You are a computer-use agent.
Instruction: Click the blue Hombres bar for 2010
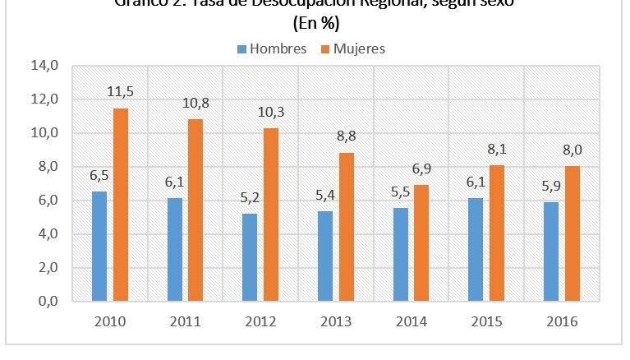pyautogui.click(x=99, y=247)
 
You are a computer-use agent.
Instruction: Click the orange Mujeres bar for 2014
pyautogui.click(x=421, y=243)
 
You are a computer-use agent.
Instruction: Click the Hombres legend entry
pyautogui.click(x=270, y=48)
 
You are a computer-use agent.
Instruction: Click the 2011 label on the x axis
pyautogui.click(x=185, y=321)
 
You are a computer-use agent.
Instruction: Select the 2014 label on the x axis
pyautogui.click(x=410, y=321)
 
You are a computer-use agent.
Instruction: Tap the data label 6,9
pyautogui.click(x=422, y=169)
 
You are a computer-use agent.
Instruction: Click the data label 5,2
pyautogui.click(x=248, y=199)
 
